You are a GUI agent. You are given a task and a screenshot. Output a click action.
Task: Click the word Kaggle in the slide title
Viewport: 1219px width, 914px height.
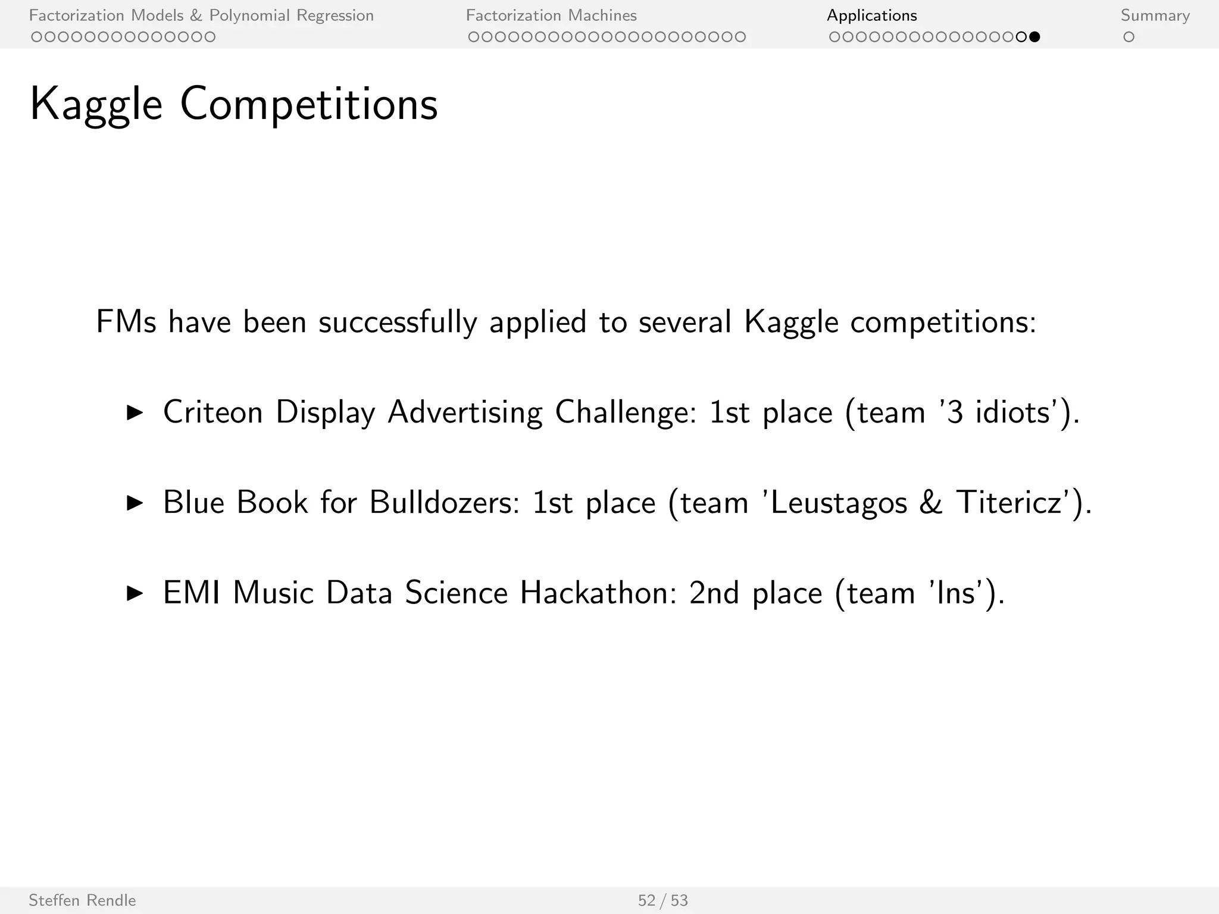tap(96, 105)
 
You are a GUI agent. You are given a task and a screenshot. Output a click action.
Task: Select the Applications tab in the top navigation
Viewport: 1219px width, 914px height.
tap(871, 15)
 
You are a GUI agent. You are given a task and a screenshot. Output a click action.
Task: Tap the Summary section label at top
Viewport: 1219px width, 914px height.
tap(1155, 15)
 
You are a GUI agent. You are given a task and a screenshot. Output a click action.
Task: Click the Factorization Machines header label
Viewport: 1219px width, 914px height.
tap(551, 15)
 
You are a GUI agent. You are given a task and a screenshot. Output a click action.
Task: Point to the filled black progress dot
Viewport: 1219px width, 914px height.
tap(1034, 37)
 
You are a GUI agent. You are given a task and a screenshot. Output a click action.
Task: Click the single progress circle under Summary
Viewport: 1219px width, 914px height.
tap(1129, 37)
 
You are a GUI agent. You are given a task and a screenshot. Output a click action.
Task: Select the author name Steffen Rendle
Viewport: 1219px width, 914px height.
tap(82, 900)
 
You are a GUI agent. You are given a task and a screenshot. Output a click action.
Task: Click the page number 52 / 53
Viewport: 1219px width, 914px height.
tap(662, 900)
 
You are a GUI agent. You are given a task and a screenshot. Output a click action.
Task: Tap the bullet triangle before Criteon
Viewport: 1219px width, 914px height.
tap(136, 413)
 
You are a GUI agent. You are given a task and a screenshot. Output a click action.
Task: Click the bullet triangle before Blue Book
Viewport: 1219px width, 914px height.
tap(136, 503)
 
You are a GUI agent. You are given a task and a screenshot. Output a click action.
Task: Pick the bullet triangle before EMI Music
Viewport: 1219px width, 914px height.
tap(136, 593)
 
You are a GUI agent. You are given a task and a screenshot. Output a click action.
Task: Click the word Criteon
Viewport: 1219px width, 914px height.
tap(212, 412)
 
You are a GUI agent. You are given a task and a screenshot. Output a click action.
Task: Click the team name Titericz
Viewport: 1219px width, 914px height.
tap(1009, 503)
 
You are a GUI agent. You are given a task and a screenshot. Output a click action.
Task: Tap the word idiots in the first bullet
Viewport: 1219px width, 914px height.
tap(1011, 412)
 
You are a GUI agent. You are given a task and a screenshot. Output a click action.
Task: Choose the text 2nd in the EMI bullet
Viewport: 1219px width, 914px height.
tap(714, 593)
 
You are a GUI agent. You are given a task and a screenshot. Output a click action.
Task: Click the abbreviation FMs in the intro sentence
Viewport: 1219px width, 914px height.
tap(126, 322)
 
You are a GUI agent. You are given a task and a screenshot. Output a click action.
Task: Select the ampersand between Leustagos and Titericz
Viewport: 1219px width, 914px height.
tap(931, 503)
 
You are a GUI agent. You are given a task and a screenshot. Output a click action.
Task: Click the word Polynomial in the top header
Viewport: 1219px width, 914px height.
tap(249, 15)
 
